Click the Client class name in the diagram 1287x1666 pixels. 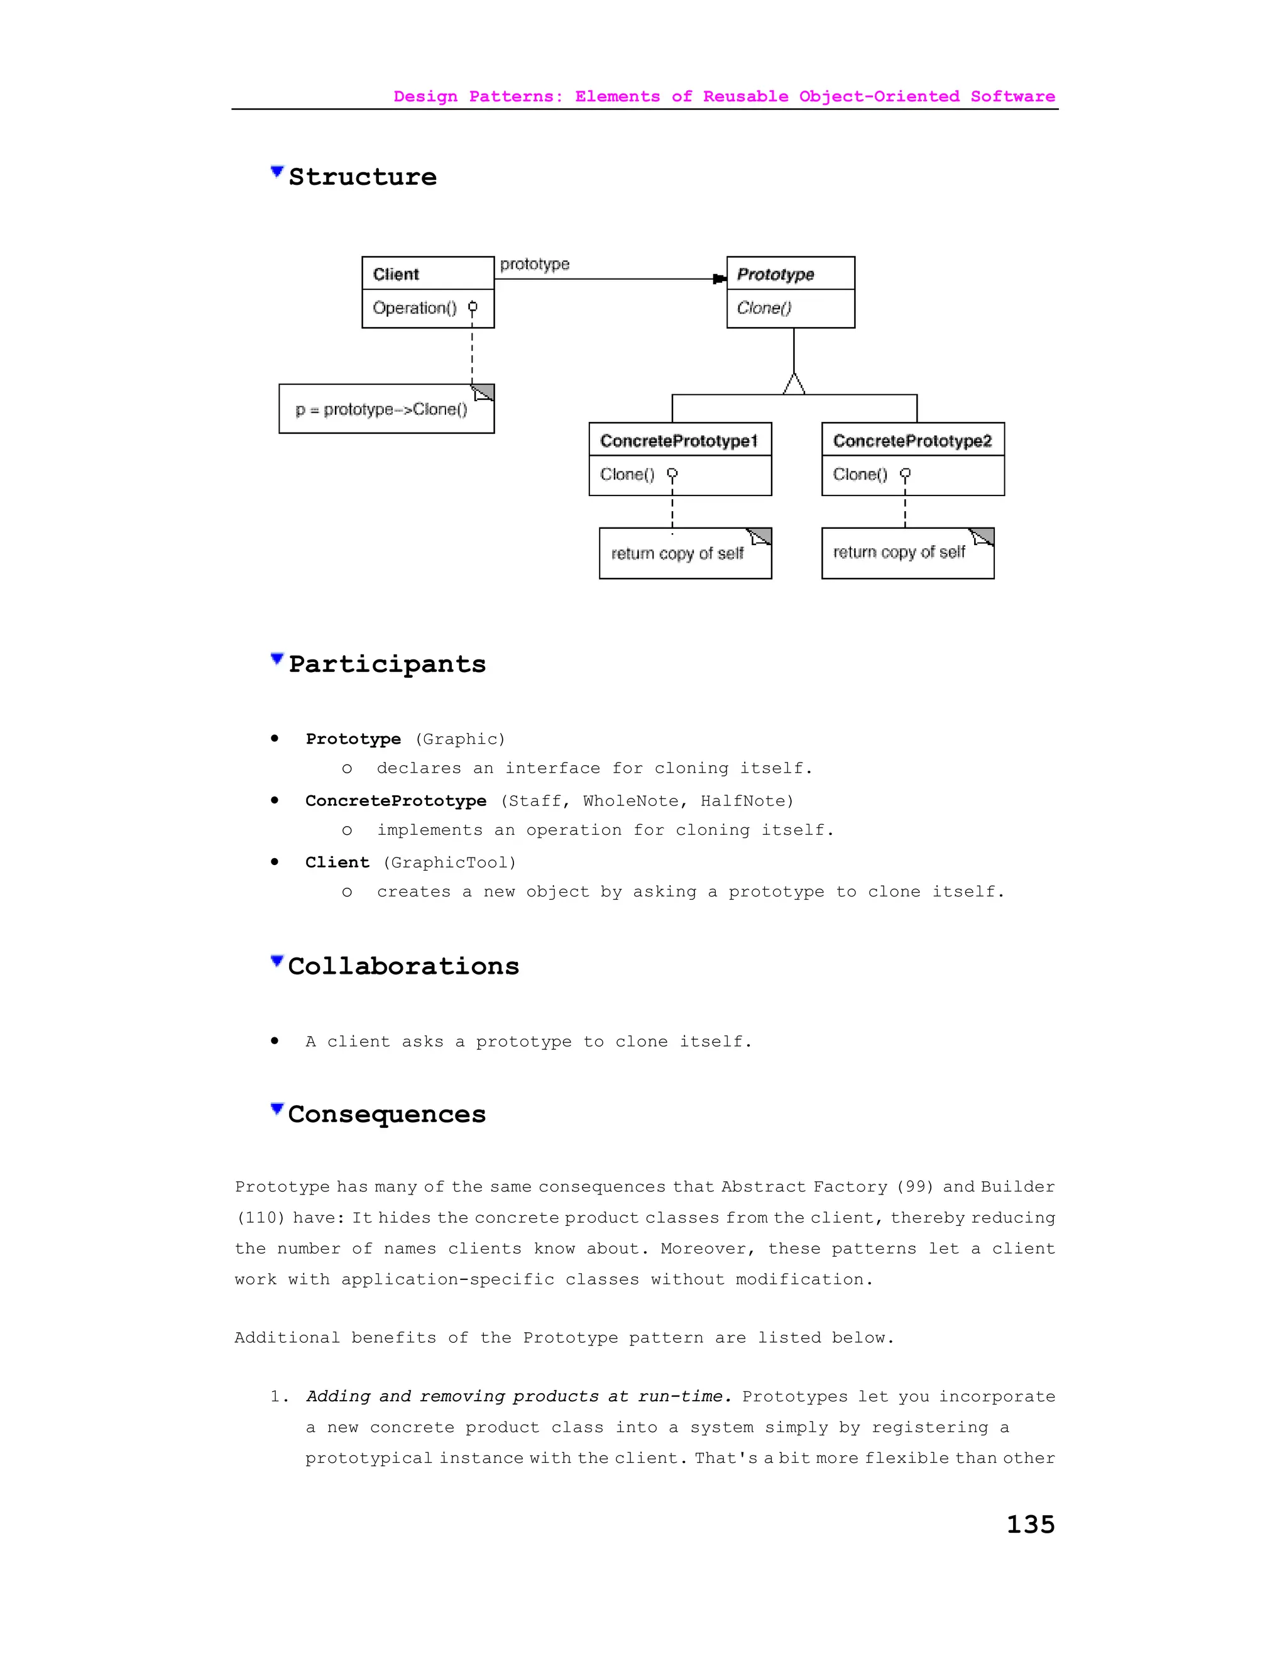[x=396, y=274]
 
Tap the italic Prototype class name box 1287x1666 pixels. [x=775, y=274]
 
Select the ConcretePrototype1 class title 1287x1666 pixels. [x=679, y=441]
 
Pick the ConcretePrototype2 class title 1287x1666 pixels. [x=912, y=441]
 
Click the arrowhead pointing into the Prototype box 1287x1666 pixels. [x=719, y=279]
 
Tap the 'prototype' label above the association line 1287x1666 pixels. [x=535, y=264]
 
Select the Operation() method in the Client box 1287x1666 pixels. [x=415, y=308]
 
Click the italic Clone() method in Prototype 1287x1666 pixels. [x=764, y=308]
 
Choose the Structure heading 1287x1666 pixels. [x=362, y=177]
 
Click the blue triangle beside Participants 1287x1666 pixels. [x=277, y=659]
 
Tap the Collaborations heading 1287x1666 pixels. [x=403, y=966]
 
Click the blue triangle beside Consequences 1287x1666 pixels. [x=277, y=1108]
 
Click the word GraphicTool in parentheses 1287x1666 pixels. [x=449, y=863]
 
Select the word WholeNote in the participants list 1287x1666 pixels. [x=630, y=801]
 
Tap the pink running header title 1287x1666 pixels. [x=723, y=97]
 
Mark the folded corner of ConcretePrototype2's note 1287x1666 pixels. [x=982, y=537]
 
